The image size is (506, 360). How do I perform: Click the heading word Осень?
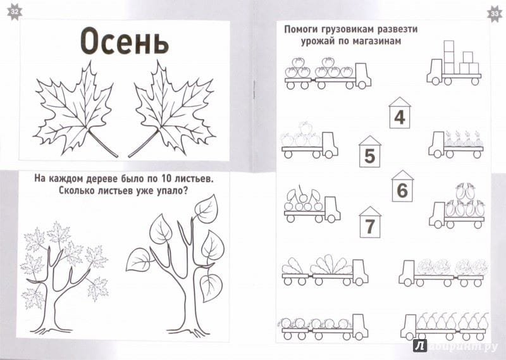125,41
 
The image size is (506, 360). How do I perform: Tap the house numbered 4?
400,113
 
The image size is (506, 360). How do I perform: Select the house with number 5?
369,151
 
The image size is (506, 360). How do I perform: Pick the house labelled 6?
402,186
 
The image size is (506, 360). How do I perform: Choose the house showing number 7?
370,222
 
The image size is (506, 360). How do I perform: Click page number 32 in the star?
14,12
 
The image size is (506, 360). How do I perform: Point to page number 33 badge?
495,13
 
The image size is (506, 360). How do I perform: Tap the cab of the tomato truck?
362,75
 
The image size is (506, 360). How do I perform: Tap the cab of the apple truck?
330,145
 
